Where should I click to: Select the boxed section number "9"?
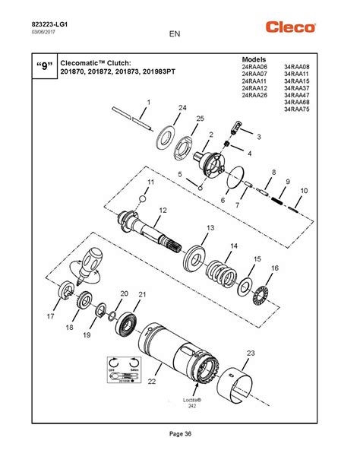43,67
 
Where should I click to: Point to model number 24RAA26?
254,95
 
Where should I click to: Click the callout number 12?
162,210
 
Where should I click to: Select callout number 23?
251,352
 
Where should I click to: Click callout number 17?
51,315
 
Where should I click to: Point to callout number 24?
182,109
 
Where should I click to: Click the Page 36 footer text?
180,433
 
